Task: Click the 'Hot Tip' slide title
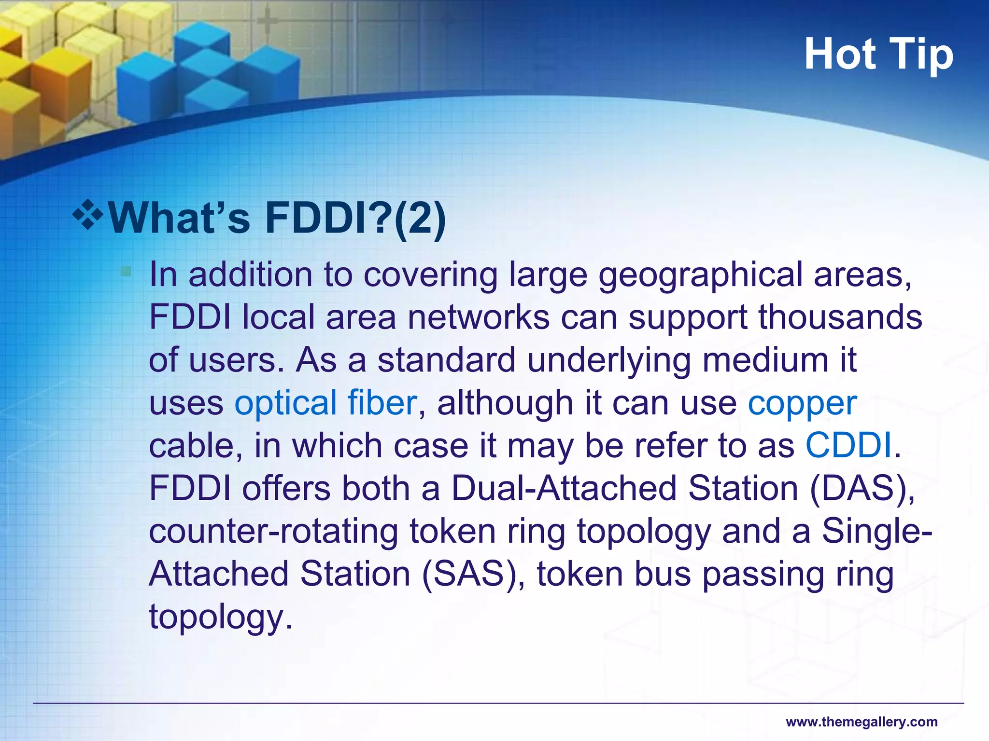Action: pos(878,55)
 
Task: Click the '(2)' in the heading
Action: pos(420,218)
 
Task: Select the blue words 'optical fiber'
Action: pos(325,403)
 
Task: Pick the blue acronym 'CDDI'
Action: pos(848,445)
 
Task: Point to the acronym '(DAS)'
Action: pos(862,488)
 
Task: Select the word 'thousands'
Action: pos(840,317)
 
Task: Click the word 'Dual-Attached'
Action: pos(564,488)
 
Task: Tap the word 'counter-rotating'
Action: pos(273,531)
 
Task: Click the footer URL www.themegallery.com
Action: pos(862,722)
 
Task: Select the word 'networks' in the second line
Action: pos(479,317)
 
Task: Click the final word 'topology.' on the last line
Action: pos(221,617)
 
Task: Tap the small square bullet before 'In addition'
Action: pos(126,272)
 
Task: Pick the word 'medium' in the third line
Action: pos(765,360)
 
